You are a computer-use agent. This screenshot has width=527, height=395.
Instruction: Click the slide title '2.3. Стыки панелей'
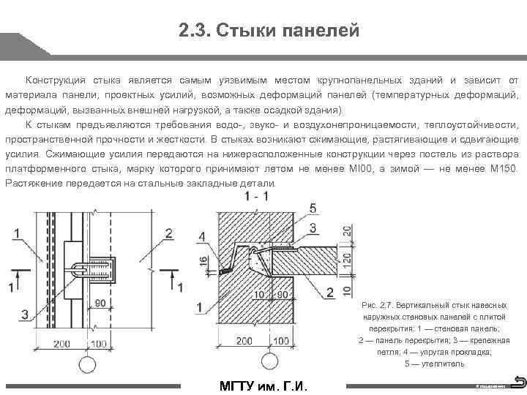click(x=268, y=31)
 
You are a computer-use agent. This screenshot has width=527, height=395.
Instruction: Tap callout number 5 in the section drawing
click(x=314, y=207)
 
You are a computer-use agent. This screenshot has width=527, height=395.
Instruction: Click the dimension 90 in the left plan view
click(x=98, y=301)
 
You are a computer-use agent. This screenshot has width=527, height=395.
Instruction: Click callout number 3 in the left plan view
click(x=26, y=315)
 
